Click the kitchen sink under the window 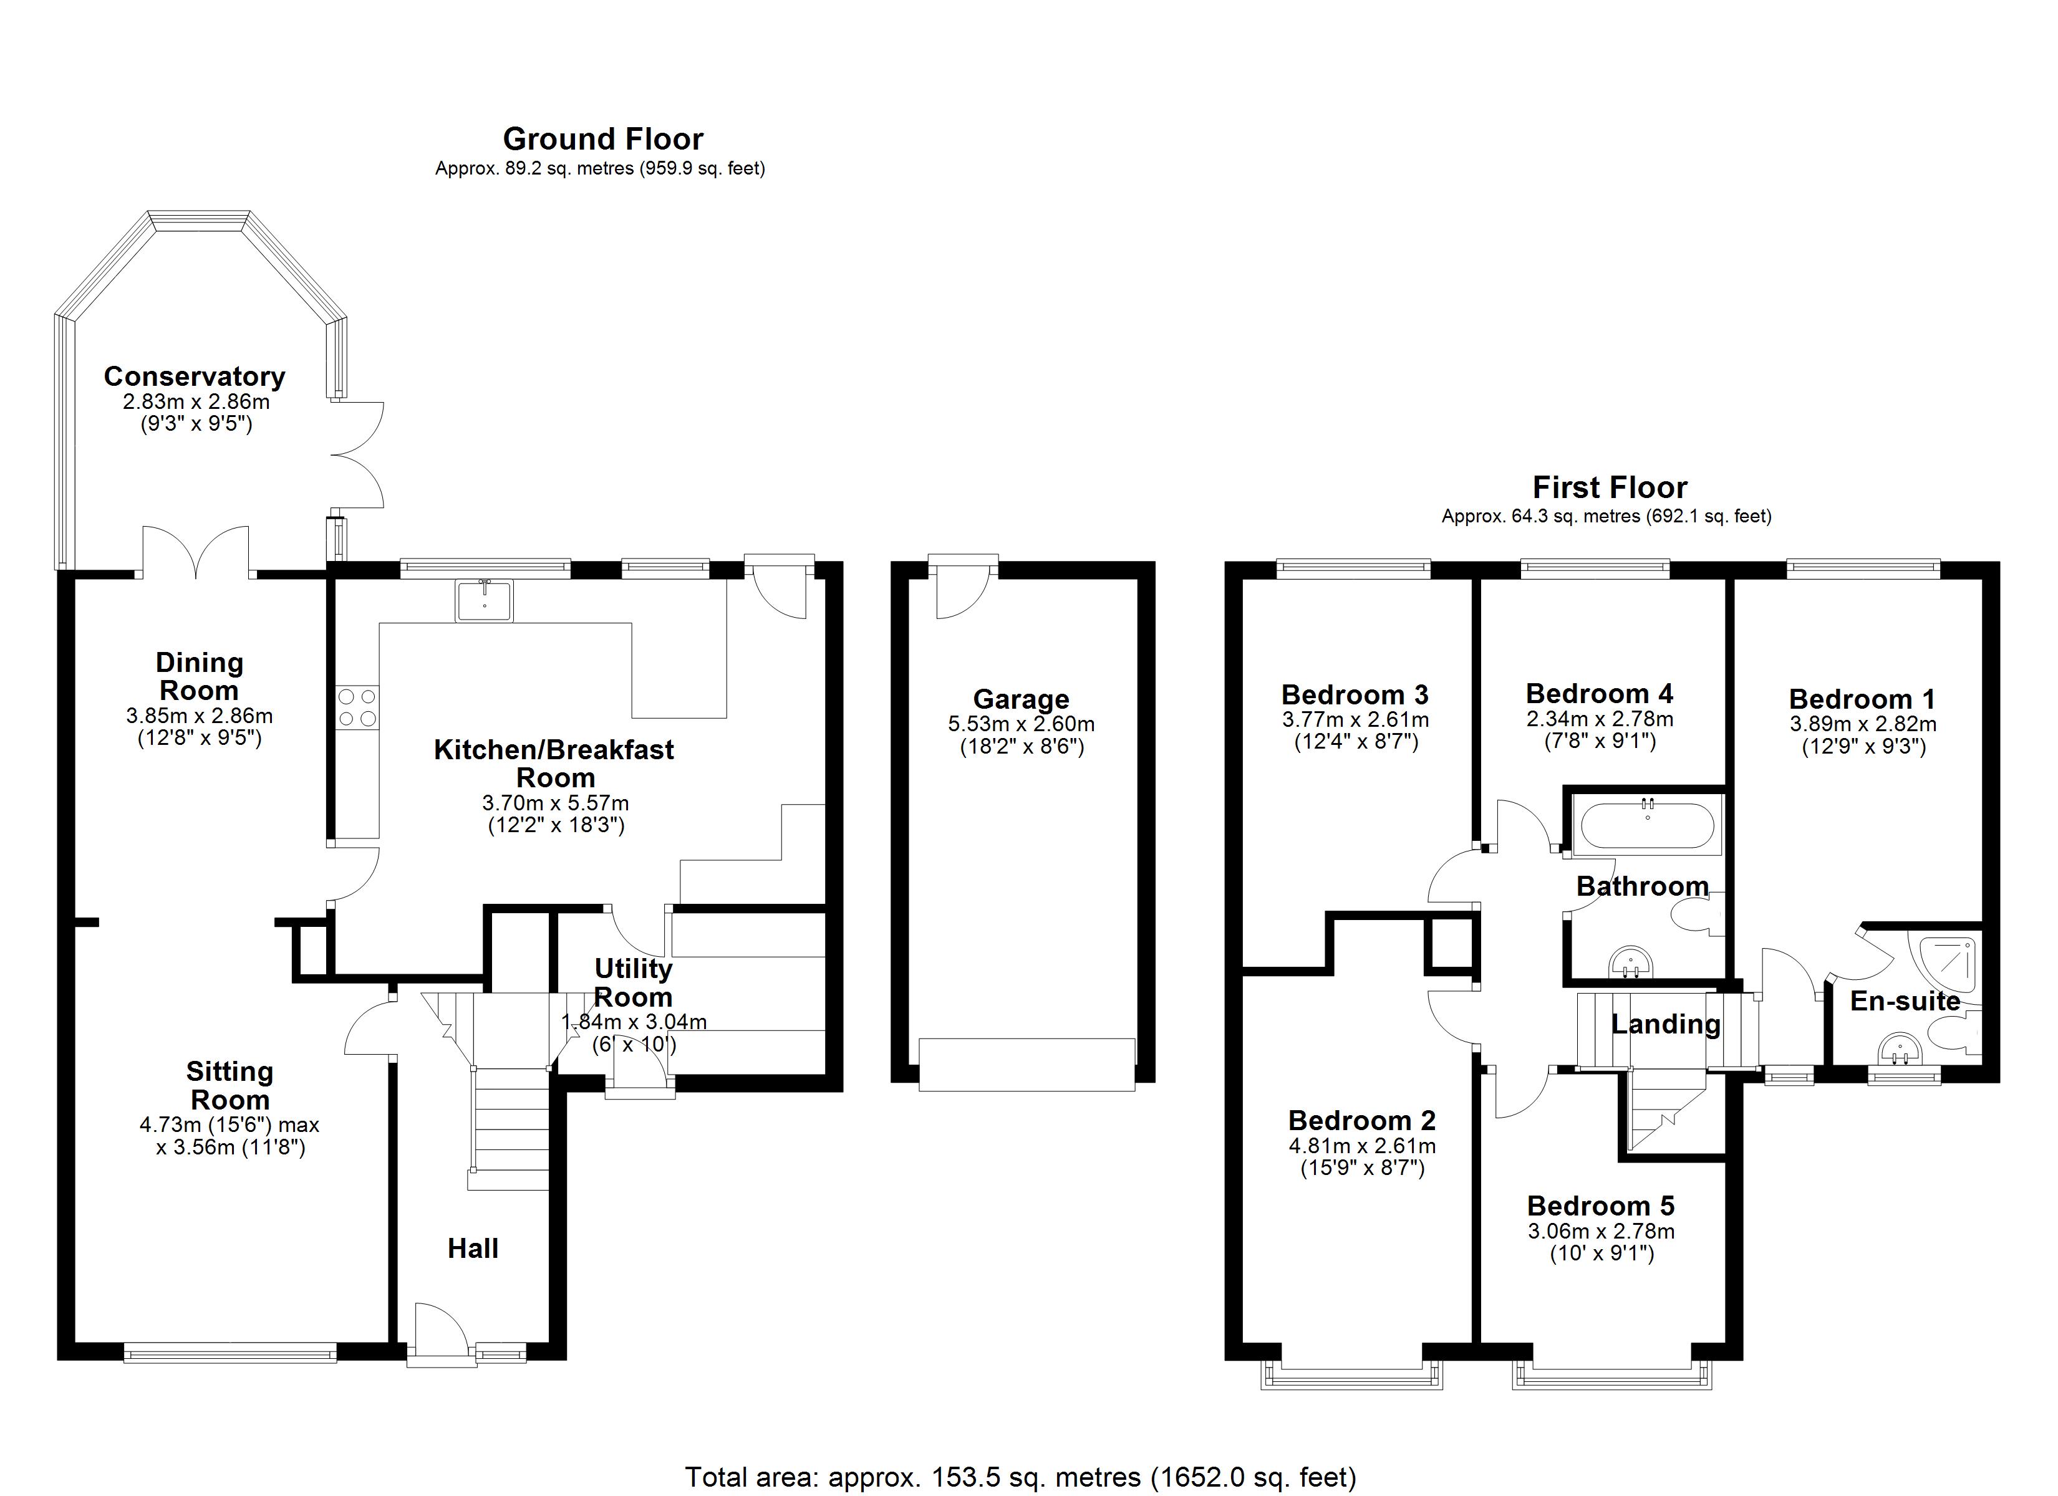coord(485,600)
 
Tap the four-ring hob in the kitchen coord(357,707)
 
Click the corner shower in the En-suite coord(1946,966)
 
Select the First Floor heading coord(1609,487)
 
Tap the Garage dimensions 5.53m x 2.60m coord(1021,724)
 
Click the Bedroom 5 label coord(1600,1206)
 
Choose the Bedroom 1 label coord(1862,699)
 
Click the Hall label coord(473,1249)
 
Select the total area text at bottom coord(1020,1476)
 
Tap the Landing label coord(1665,1024)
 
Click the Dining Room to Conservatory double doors coord(196,554)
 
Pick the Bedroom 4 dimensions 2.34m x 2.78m coord(1599,719)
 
